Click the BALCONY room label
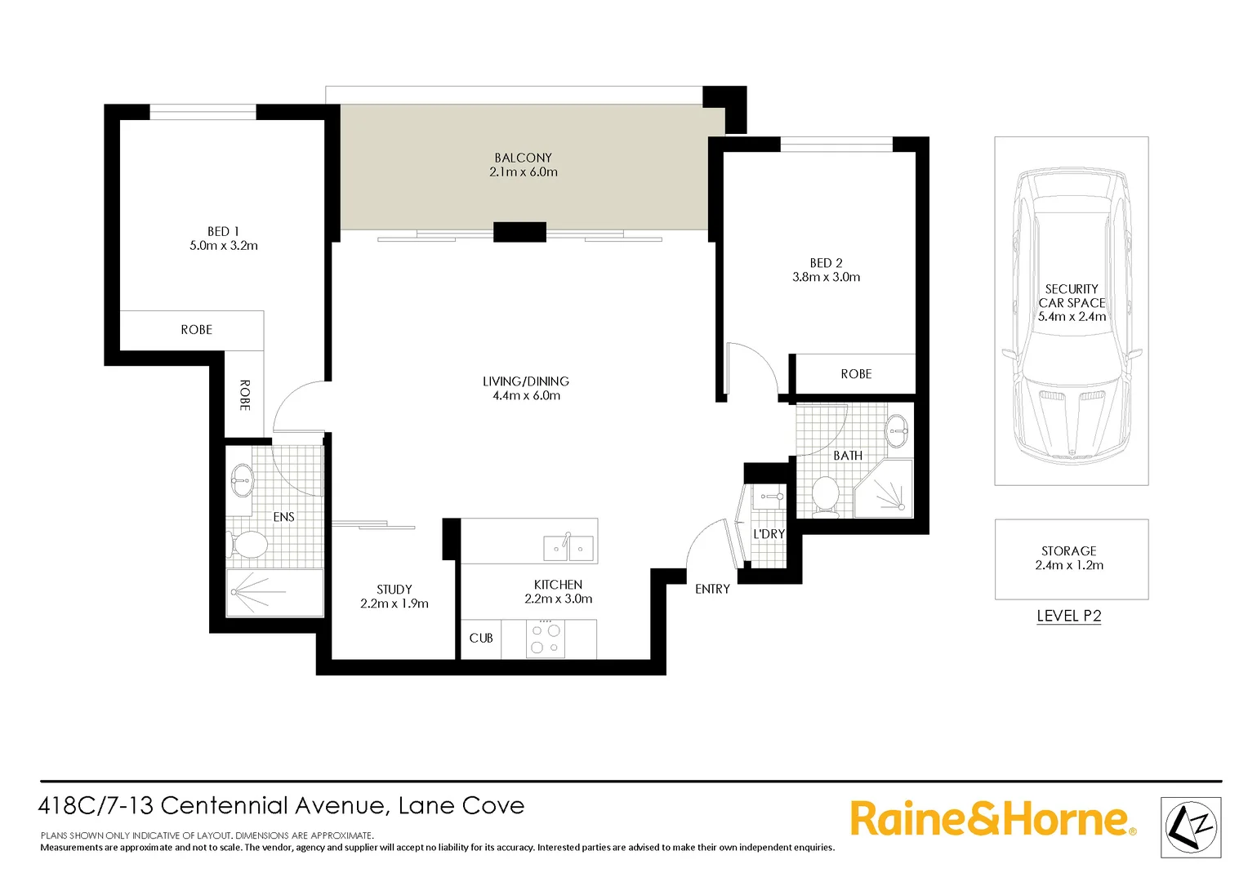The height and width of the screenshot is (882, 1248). pos(523,158)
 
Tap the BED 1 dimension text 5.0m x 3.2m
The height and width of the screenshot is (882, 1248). pos(223,246)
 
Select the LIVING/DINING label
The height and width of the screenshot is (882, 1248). pos(525,381)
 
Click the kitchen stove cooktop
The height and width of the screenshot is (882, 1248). pos(546,639)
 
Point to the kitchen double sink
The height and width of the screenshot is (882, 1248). pos(568,547)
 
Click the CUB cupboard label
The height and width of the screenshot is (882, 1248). pos(480,638)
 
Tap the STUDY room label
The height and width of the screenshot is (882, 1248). pos(394,589)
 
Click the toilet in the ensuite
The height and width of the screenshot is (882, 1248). pos(247,545)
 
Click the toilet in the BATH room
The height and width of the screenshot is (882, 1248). pos(826,496)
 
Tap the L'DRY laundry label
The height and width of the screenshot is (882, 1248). pos(769,534)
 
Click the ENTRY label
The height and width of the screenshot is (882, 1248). pos(712,589)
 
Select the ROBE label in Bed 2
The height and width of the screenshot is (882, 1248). pos(856,374)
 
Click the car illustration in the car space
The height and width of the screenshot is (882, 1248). pos(1071,318)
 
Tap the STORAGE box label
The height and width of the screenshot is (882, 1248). pos(1068,551)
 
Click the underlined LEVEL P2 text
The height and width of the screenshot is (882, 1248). pos(1068,616)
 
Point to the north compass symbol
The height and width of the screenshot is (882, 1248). pos(1191,827)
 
